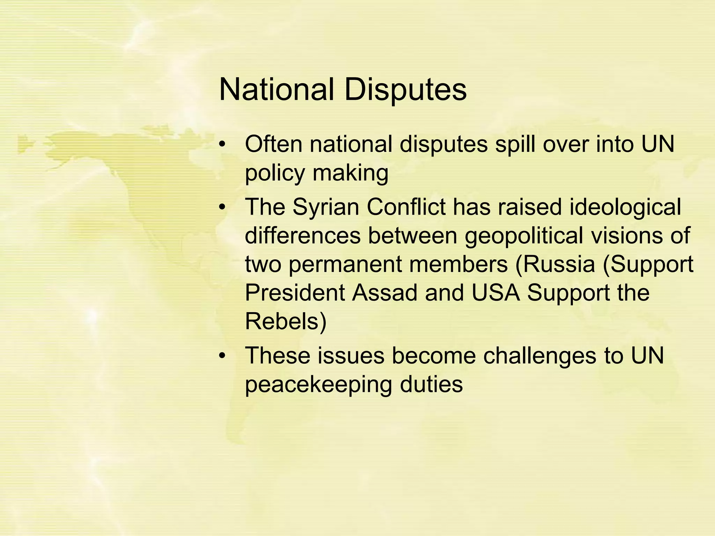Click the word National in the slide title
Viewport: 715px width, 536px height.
click(276, 90)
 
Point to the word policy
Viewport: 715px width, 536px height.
click(275, 173)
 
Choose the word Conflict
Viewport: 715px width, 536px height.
click(406, 207)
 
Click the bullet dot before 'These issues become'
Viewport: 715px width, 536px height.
click(222, 357)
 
